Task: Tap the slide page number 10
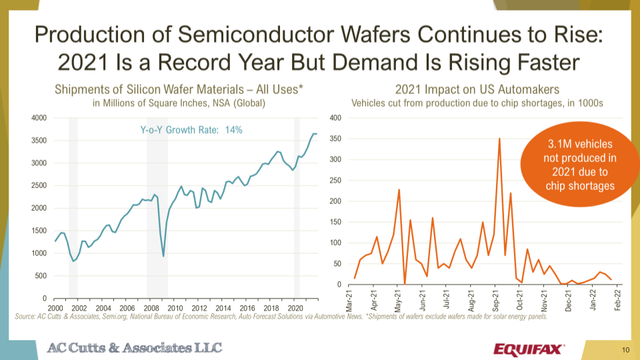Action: pos(625,349)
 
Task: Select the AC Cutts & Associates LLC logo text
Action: pos(134,347)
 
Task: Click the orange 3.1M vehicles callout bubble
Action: pos(580,165)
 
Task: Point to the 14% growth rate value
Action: pos(233,130)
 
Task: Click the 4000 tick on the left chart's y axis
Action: pos(38,118)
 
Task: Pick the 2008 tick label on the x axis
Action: pos(151,308)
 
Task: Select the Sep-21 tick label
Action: pos(495,301)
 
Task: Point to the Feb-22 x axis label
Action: pos(617,301)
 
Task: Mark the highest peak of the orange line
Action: pos(499,139)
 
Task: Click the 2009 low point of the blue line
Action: pos(163,256)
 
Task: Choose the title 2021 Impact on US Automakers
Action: pos(477,89)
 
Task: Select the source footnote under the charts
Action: pos(280,317)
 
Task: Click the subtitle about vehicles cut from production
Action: pos(477,103)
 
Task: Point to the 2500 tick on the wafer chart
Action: pos(38,185)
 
